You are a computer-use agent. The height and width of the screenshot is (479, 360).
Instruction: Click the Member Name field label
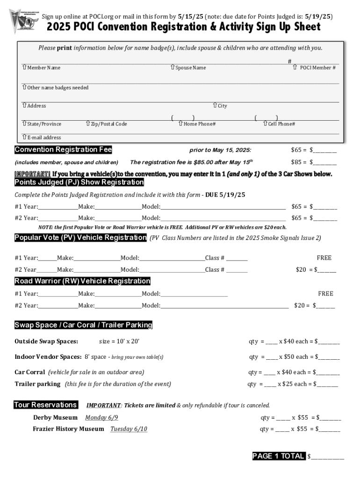tap(43, 68)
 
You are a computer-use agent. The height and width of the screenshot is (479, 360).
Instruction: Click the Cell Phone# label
tap(281, 124)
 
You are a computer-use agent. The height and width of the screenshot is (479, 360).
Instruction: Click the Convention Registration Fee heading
tap(63, 150)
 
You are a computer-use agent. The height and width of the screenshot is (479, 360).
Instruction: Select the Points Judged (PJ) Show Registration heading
tap(79, 182)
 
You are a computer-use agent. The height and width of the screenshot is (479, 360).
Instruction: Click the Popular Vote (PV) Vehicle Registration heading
tap(80, 238)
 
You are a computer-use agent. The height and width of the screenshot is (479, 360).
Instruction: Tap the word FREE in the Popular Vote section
tap(324, 258)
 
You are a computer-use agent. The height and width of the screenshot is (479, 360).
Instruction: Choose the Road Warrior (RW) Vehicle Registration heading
tap(82, 281)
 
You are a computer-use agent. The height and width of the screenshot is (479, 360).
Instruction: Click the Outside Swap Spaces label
tap(46, 341)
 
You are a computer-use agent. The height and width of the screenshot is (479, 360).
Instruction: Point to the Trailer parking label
tap(37, 384)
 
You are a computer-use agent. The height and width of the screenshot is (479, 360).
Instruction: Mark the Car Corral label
tap(30, 372)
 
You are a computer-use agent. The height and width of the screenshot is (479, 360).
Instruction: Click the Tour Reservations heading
tap(45, 405)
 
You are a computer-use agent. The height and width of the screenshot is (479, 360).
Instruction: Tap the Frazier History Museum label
tap(68, 429)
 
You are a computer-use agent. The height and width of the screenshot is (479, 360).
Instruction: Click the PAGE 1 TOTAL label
tap(278, 456)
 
